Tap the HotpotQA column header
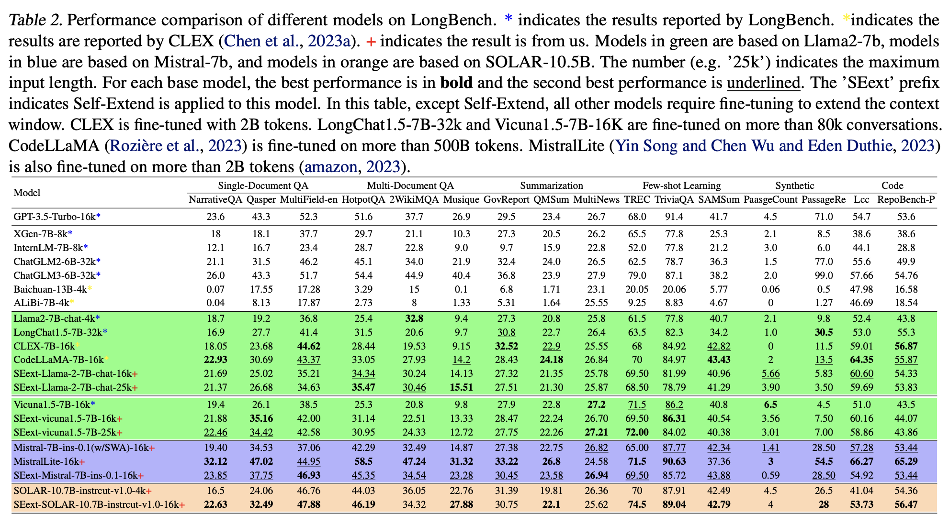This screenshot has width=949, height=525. tap(363, 199)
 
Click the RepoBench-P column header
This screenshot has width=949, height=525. tap(906, 199)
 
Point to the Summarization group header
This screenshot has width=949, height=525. tap(552, 186)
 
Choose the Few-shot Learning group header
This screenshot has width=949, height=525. tap(681, 186)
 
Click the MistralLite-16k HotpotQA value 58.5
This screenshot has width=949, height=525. tap(363, 462)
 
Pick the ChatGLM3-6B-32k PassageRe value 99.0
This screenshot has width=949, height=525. tap(824, 275)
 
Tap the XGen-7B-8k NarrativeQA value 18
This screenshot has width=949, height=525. tap(215, 234)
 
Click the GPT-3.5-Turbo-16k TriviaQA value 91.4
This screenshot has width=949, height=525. tap(674, 217)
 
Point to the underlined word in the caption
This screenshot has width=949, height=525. tap(763, 83)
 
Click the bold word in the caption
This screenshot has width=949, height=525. tap(456, 83)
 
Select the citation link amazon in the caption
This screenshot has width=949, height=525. tap(330, 166)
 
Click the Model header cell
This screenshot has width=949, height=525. tap(27, 193)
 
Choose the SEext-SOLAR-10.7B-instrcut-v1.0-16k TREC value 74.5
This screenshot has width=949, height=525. tap(637, 504)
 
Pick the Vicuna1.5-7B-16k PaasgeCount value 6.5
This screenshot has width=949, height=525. tap(770, 405)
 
